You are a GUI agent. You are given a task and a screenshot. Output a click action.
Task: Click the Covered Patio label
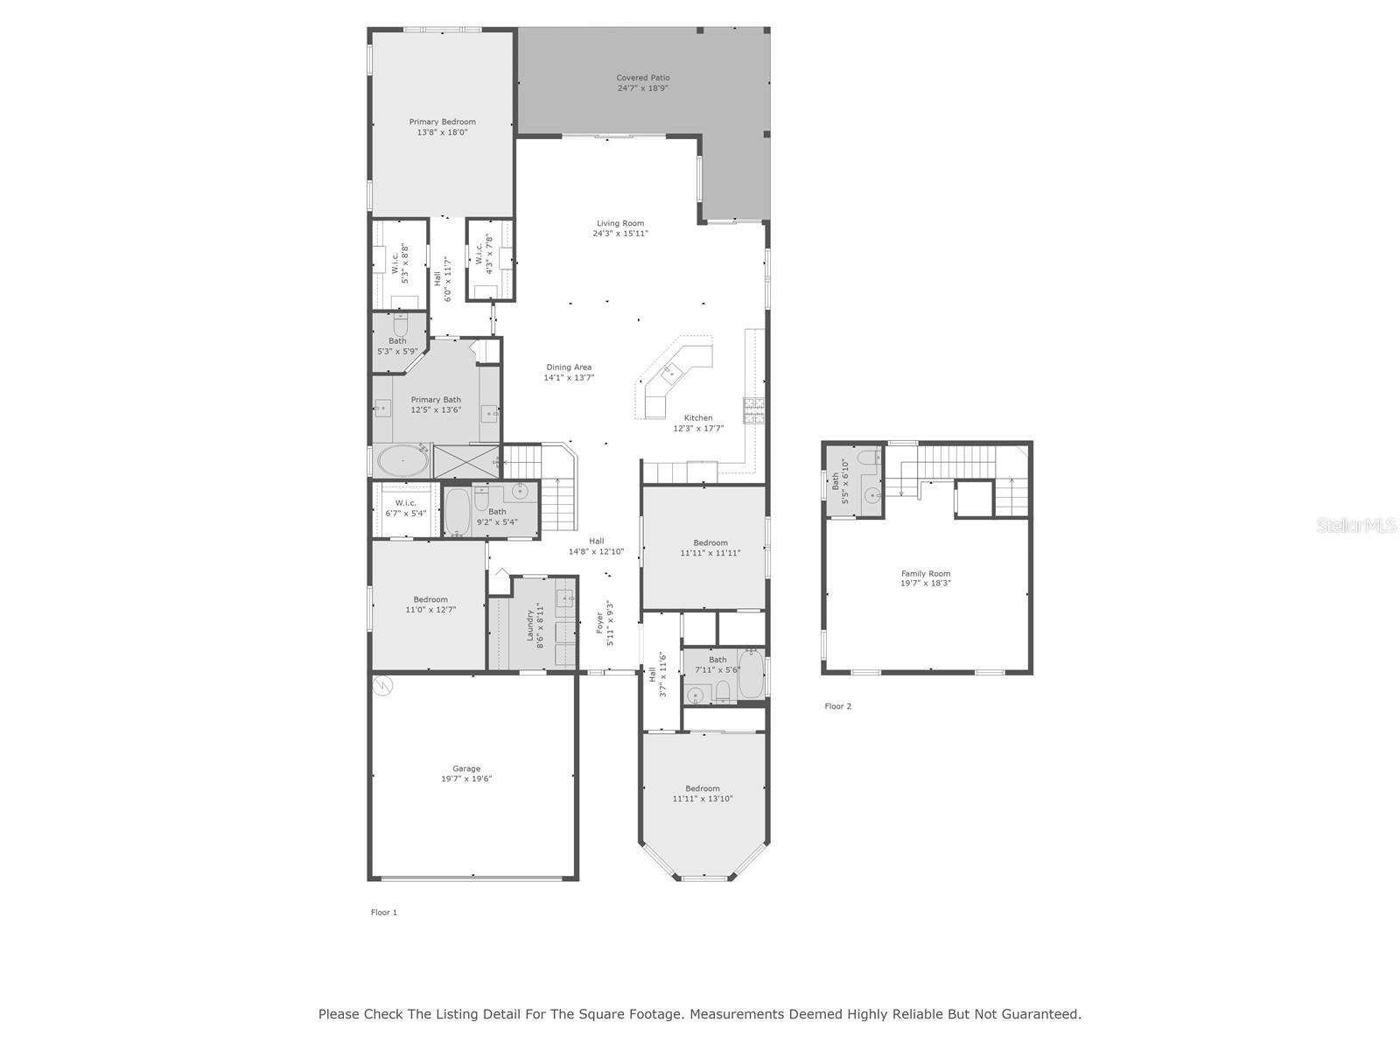click(642, 78)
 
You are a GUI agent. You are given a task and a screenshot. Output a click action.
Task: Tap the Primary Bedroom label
click(442, 122)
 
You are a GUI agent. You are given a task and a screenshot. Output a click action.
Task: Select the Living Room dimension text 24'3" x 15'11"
click(620, 234)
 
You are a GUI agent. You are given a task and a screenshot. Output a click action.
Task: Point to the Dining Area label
click(568, 367)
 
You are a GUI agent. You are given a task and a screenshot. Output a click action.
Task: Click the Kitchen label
click(697, 418)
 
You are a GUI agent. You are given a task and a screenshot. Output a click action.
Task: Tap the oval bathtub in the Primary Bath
click(402, 461)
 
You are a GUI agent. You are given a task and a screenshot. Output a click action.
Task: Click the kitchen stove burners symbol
click(753, 410)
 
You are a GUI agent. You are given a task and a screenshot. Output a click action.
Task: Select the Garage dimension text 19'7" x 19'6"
click(466, 779)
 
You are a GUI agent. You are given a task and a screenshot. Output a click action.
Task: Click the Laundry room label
click(530, 626)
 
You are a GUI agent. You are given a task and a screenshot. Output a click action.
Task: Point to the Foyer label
click(599, 623)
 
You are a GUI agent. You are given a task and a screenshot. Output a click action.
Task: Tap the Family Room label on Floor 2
click(926, 574)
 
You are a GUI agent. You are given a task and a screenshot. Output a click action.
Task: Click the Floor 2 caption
click(837, 706)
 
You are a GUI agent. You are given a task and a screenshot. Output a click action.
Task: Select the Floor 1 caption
click(384, 913)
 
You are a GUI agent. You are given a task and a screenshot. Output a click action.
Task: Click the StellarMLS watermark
click(1356, 525)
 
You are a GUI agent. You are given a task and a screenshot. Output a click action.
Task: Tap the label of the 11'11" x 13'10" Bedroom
click(703, 788)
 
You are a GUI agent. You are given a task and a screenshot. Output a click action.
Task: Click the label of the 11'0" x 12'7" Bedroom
click(430, 599)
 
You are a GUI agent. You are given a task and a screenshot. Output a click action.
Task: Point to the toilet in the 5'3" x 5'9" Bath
click(400, 325)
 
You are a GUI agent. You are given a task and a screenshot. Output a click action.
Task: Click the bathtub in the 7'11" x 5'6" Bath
click(751, 675)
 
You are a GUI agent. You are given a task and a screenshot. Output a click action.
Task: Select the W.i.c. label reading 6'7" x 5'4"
click(405, 503)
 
